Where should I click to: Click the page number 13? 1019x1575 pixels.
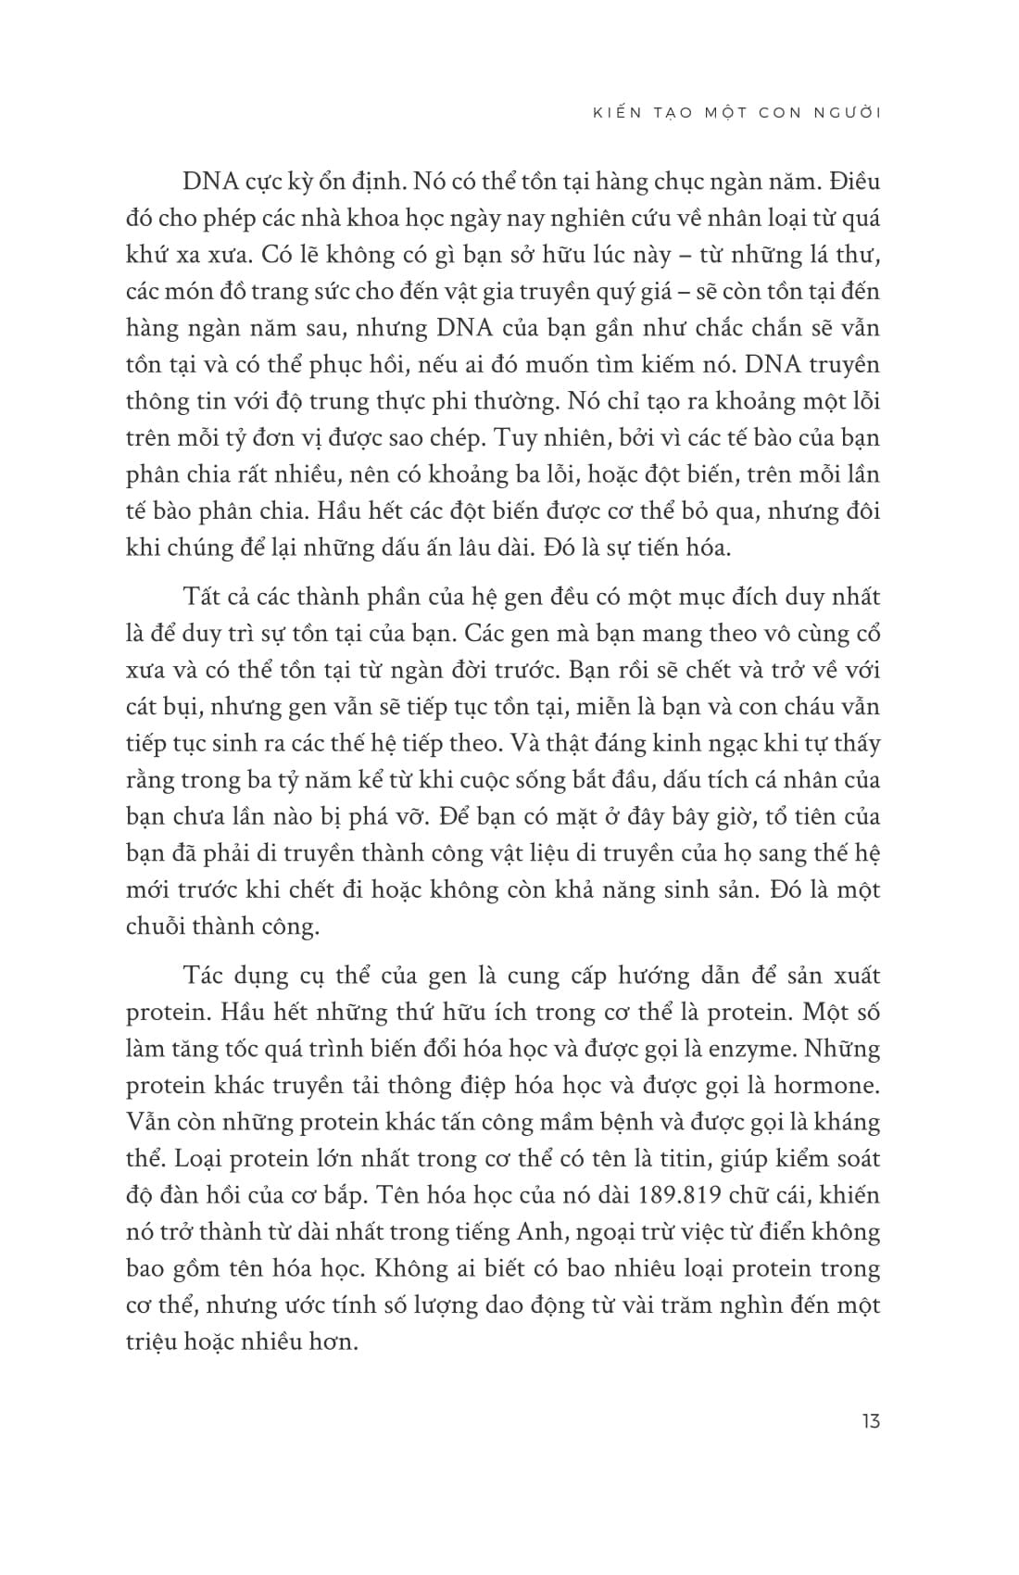(x=869, y=1421)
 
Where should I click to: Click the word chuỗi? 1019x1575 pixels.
(x=154, y=926)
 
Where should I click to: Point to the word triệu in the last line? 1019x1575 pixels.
(x=152, y=1342)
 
